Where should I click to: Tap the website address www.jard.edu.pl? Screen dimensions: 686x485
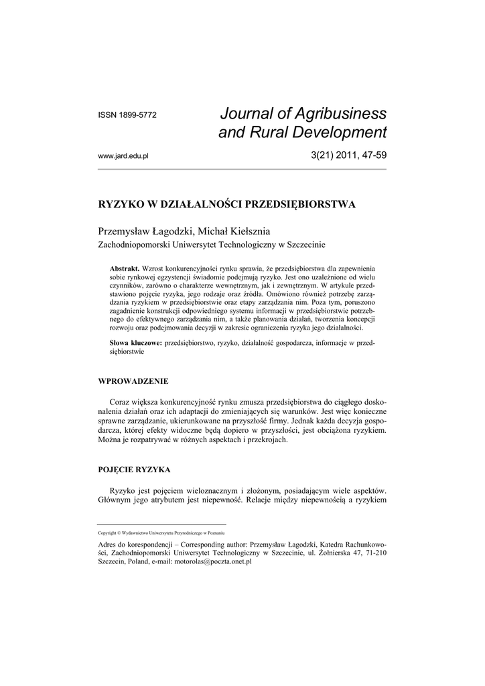(x=123, y=156)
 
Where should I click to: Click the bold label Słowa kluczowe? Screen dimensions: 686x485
(x=136, y=342)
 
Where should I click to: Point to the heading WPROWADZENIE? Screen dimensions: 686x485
(x=133, y=381)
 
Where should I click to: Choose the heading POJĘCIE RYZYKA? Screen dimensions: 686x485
(x=135, y=470)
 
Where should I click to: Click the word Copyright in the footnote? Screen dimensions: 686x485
(x=107, y=533)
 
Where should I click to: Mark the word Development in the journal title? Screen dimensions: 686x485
(x=340, y=133)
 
